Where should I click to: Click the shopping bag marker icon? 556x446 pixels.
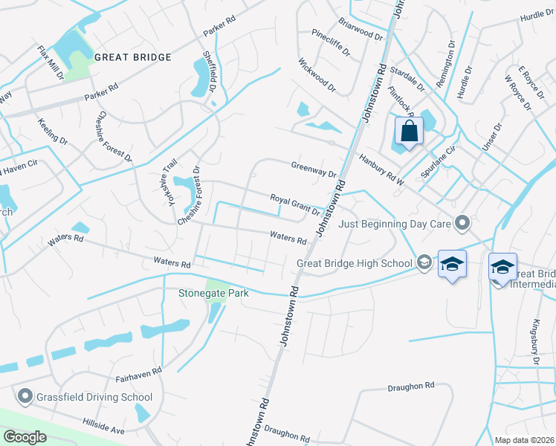(x=409, y=132)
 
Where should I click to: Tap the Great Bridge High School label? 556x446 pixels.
(x=354, y=262)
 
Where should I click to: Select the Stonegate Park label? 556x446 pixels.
(x=213, y=292)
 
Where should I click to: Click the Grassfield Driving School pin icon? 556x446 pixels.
(x=25, y=396)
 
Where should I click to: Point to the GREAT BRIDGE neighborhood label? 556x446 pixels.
(x=133, y=57)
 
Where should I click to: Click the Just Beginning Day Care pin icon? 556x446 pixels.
(x=462, y=222)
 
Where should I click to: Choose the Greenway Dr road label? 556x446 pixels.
(x=314, y=171)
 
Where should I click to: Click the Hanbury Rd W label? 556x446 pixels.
(x=381, y=159)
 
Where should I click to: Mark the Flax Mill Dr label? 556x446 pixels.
(x=51, y=63)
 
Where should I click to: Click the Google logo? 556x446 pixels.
(x=25, y=436)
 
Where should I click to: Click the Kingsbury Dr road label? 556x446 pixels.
(x=534, y=338)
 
